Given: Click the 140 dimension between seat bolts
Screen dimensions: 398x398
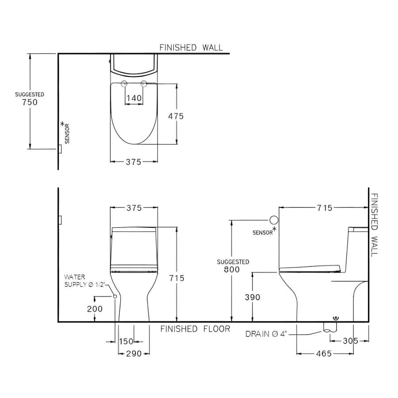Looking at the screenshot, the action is [134, 98].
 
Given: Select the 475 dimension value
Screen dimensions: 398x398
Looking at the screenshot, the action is [176, 116].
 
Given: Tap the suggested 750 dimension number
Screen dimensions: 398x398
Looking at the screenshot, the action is [30, 102].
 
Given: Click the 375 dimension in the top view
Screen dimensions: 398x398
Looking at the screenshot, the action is [134, 162].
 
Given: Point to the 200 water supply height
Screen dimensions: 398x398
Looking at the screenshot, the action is [95, 309].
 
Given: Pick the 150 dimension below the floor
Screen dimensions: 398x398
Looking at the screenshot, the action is [126, 341].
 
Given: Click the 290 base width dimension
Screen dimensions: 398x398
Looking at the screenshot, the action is [134, 354].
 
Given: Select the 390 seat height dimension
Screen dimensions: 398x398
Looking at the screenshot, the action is [253, 297].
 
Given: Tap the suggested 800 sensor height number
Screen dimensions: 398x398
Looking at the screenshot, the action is [232, 270].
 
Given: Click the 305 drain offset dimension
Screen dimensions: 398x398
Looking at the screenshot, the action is [350, 341].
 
